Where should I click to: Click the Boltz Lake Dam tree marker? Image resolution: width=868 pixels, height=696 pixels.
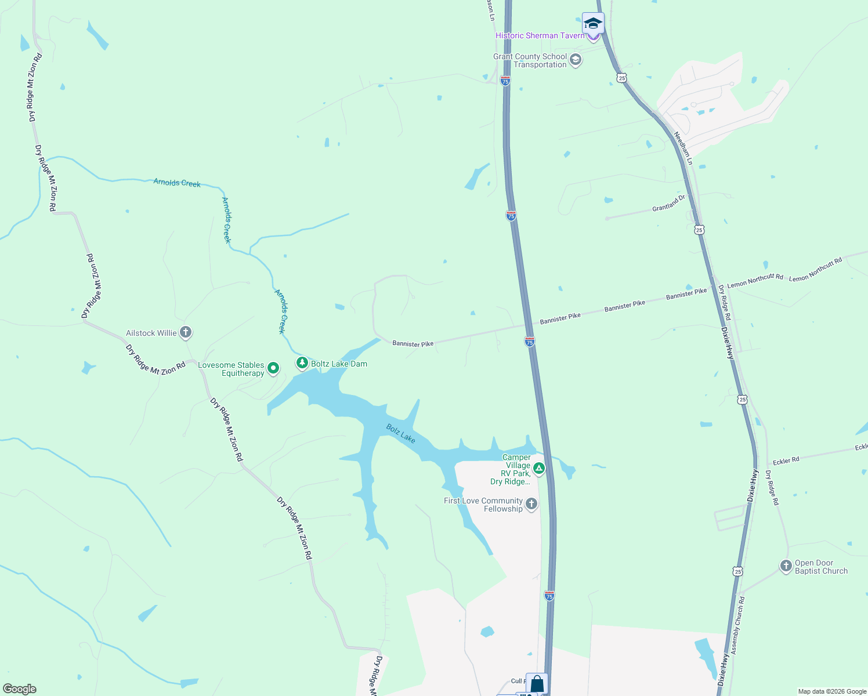pyautogui.click(x=302, y=363)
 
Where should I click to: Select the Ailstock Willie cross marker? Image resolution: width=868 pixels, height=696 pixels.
pyautogui.click(x=186, y=332)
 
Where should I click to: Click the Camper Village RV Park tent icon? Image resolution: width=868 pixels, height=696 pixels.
pyautogui.click(x=539, y=468)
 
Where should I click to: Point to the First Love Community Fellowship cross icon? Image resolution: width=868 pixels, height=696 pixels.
pyautogui.click(x=531, y=504)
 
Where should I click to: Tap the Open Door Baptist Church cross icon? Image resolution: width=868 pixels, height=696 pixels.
pyautogui.click(x=786, y=566)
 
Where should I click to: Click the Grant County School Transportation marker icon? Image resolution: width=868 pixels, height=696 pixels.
pyautogui.click(x=576, y=60)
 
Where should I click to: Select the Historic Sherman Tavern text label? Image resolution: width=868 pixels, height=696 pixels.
pyautogui.click(x=540, y=35)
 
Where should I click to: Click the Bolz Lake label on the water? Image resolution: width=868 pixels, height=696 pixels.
pyautogui.click(x=401, y=433)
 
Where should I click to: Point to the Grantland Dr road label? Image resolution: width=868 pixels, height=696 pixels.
pyautogui.click(x=668, y=204)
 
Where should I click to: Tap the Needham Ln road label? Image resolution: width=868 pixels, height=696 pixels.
pyautogui.click(x=683, y=148)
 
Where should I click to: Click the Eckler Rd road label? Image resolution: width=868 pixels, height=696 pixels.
pyautogui.click(x=786, y=461)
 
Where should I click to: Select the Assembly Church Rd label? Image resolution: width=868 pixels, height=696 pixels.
pyautogui.click(x=738, y=626)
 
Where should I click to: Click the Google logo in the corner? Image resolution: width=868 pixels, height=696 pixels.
pyautogui.click(x=19, y=689)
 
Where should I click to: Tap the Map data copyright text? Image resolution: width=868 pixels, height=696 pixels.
pyautogui.click(x=832, y=691)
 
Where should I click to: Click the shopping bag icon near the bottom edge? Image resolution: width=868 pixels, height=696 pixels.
pyautogui.click(x=537, y=683)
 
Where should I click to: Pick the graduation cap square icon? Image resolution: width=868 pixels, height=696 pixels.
pyautogui.click(x=593, y=23)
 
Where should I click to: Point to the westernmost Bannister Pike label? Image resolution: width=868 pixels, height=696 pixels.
pyautogui.click(x=413, y=344)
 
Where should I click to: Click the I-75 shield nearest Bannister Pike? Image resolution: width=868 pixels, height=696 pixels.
pyautogui.click(x=530, y=342)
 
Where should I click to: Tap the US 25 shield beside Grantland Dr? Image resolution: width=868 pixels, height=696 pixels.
pyautogui.click(x=699, y=230)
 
